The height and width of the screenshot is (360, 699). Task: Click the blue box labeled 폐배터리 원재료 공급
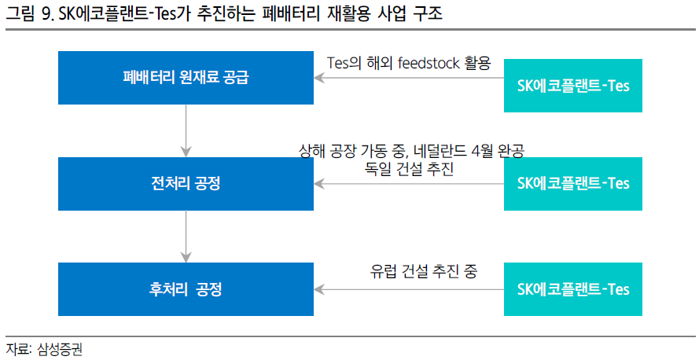(186, 78)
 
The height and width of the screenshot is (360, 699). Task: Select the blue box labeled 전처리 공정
(186, 184)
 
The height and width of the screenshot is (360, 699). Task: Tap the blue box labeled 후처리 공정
(186, 289)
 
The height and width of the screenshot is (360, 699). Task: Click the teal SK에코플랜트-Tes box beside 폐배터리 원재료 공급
(573, 86)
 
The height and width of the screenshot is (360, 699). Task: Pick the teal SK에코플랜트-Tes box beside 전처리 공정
(573, 184)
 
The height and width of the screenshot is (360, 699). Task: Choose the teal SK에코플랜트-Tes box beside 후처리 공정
(573, 289)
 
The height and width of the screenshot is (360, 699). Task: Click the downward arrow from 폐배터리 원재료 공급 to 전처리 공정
(186, 130)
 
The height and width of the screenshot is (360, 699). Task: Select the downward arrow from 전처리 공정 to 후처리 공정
(186, 236)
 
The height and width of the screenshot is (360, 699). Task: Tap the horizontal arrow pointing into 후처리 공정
(409, 289)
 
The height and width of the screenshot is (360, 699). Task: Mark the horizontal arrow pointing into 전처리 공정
(409, 184)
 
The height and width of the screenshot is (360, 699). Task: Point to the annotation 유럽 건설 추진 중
(424, 271)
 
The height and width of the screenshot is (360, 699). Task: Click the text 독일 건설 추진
(409, 170)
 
